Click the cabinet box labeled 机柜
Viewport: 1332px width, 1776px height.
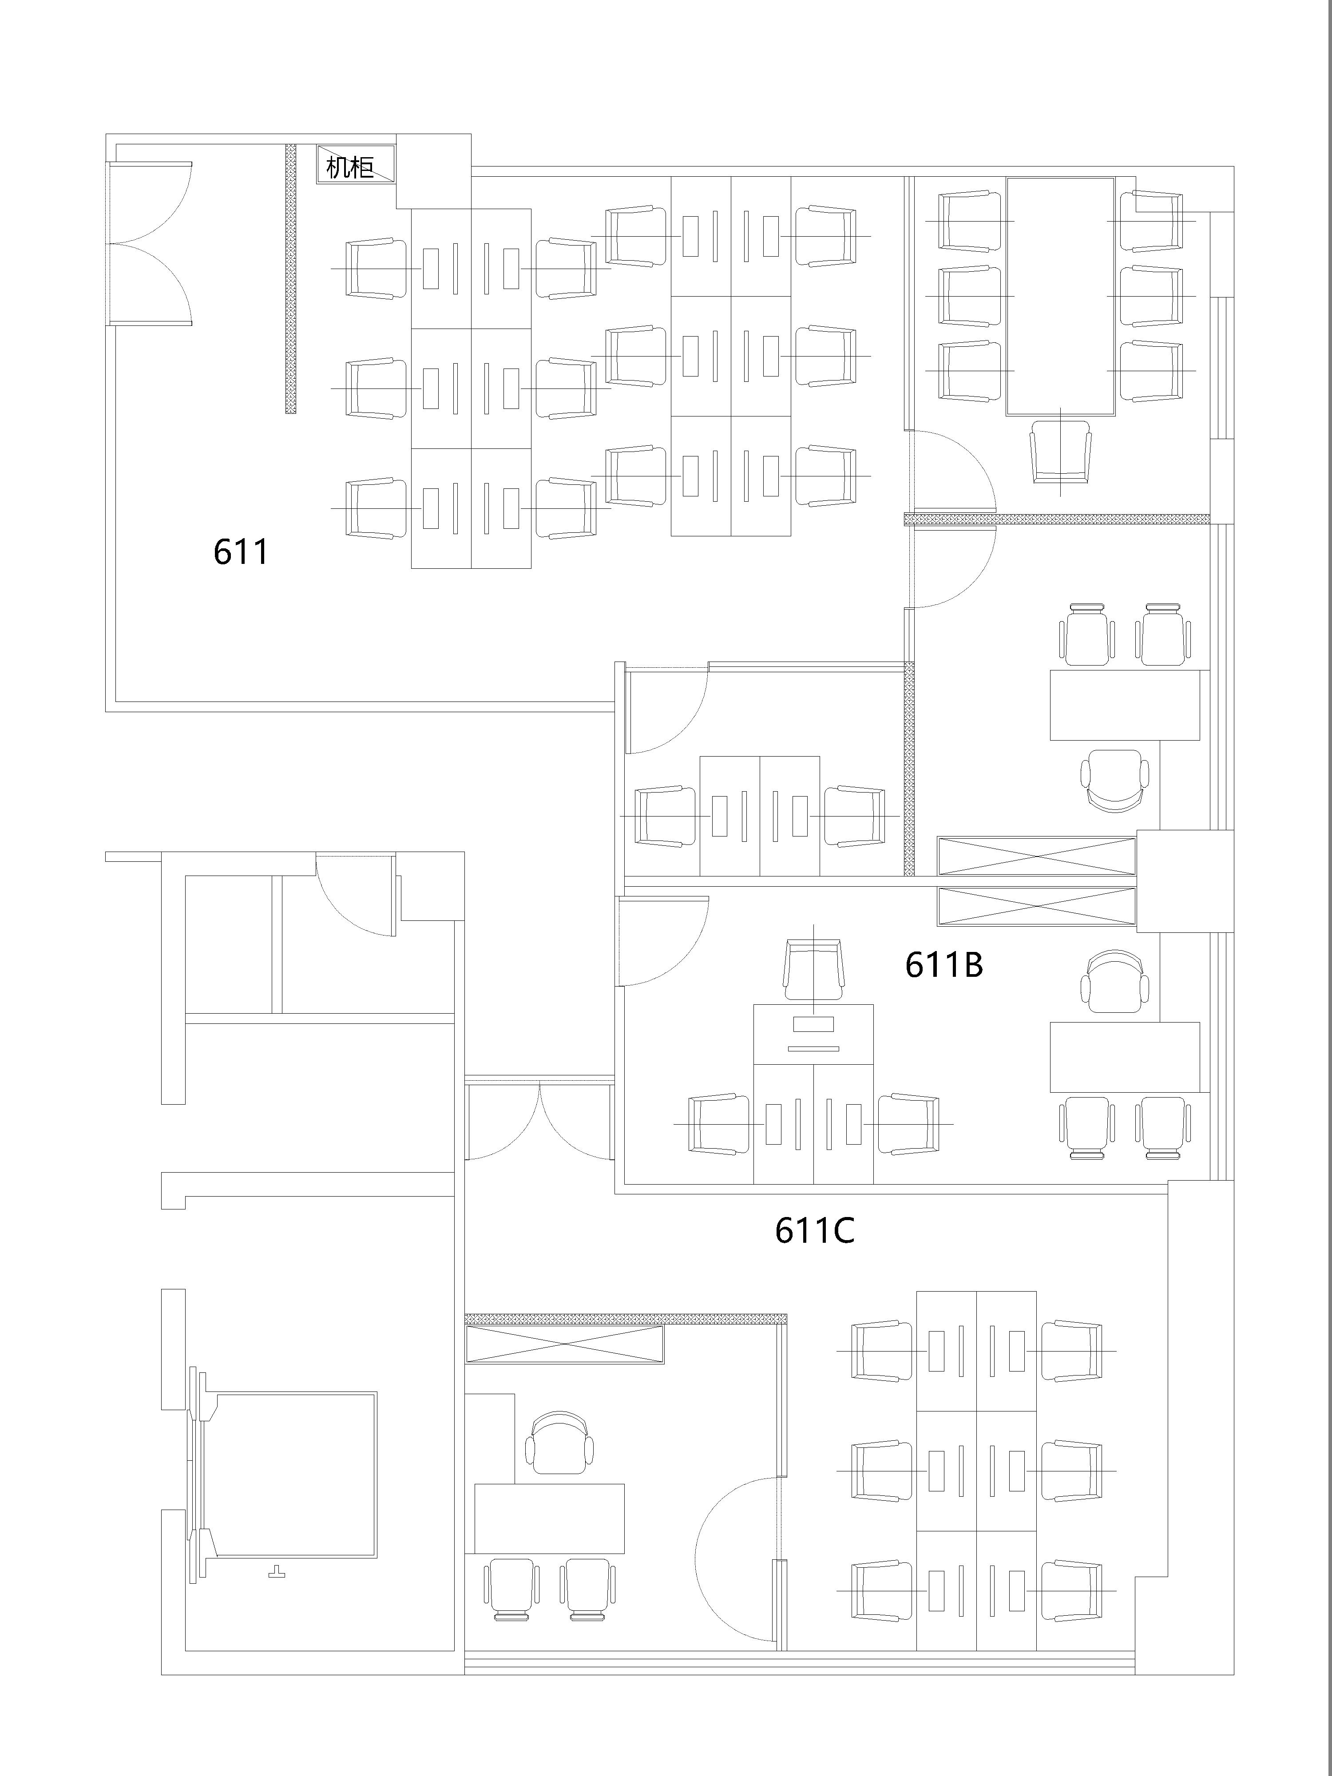pos(355,165)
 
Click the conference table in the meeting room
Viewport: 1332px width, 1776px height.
pos(1061,296)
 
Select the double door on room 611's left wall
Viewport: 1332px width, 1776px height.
pos(150,242)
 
